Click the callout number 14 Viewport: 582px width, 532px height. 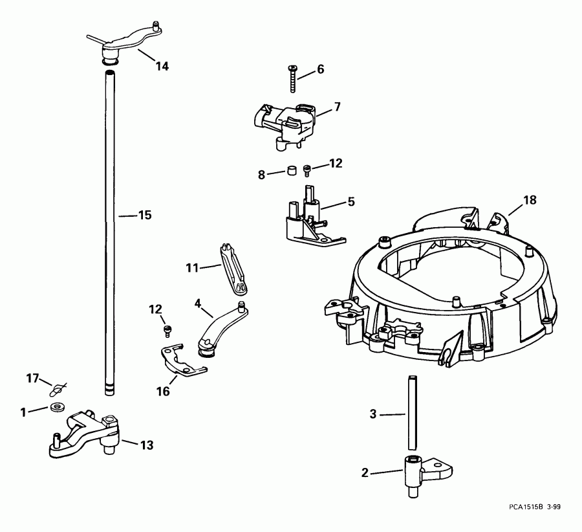pyautogui.click(x=161, y=65)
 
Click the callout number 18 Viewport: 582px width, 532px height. pyautogui.click(x=530, y=201)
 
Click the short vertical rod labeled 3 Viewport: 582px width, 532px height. pyautogui.click(x=410, y=414)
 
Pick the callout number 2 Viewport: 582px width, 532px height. pyautogui.click(x=365, y=473)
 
